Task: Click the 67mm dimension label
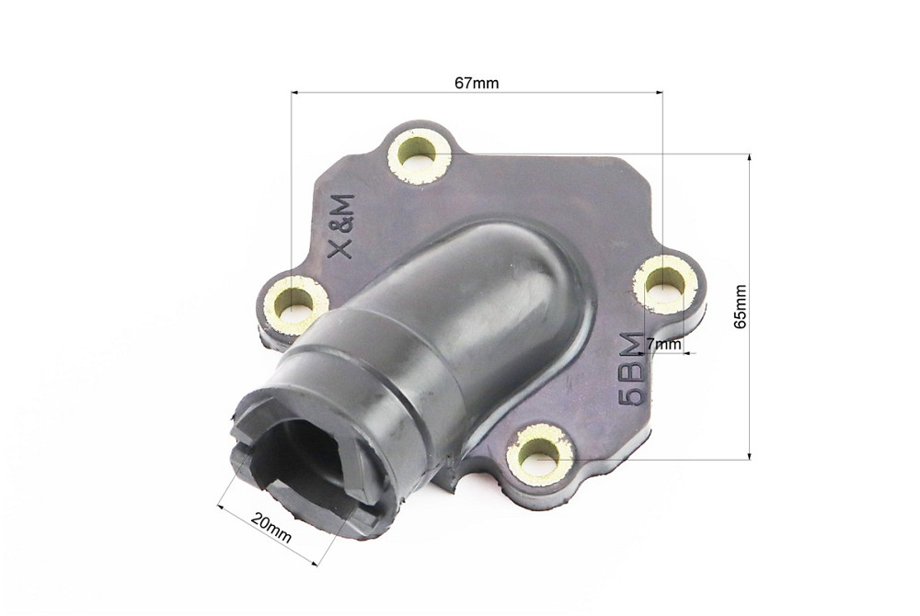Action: (477, 84)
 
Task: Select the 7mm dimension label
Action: (664, 345)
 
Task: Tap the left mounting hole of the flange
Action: (295, 299)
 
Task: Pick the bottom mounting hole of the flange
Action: (540, 452)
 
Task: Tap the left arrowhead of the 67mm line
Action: (295, 92)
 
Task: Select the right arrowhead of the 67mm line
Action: (658, 92)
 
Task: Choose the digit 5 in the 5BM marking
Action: (633, 396)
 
